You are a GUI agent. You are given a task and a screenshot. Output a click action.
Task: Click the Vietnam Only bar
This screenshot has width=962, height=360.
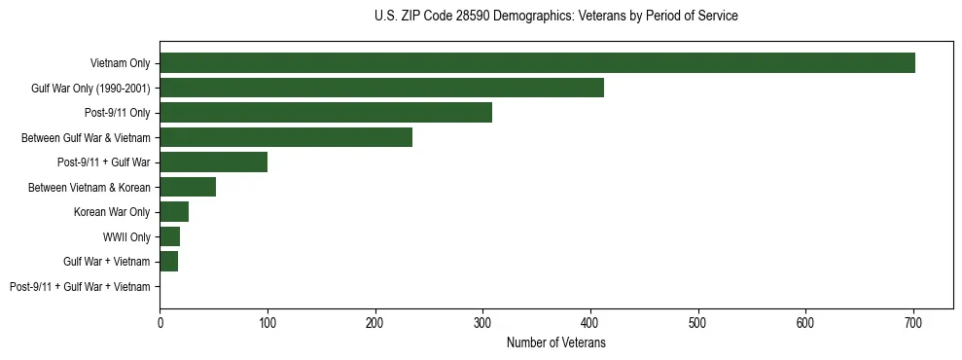point(537,63)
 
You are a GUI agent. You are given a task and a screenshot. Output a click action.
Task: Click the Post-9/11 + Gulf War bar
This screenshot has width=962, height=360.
point(213,162)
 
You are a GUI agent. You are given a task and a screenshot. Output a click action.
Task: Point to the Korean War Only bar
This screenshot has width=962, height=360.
point(174,212)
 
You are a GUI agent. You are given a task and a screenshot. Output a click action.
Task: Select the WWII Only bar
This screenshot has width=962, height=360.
point(169,236)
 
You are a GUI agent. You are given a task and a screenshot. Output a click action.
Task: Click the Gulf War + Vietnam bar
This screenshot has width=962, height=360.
point(168,262)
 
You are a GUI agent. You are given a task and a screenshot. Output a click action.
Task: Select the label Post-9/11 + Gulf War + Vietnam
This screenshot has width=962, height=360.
point(80,287)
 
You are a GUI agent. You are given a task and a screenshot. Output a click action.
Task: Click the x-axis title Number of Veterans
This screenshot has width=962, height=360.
point(555,343)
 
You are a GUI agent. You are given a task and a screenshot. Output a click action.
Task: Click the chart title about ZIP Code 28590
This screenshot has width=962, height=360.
point(555,17)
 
